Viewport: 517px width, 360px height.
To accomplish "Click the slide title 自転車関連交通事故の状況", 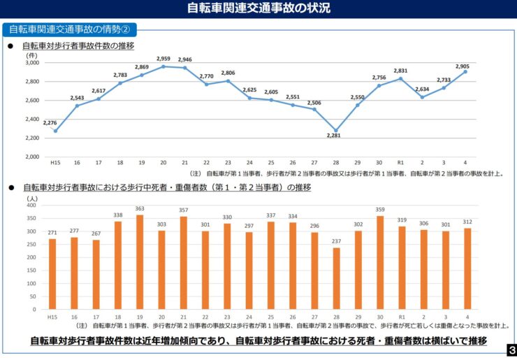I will (258, 9).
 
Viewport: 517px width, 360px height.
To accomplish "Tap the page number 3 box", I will (511, 349).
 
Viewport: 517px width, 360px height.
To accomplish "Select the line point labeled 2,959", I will (163, 66).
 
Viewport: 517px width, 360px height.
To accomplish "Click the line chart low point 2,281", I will (336, 131).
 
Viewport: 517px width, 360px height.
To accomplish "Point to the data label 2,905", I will (463, 66).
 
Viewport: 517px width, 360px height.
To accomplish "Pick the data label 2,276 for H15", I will (50, 123).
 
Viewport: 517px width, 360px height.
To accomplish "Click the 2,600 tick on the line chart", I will (32, 101).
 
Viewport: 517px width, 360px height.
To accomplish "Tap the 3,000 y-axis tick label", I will (32, 63).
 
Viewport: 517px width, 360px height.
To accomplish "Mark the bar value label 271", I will (52, 232).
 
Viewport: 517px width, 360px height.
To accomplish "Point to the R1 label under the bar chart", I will (401, 317).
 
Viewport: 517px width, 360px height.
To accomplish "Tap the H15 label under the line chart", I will (55, 163).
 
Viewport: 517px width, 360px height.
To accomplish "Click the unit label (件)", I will (31, 55).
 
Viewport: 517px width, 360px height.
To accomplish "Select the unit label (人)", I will (32, 198).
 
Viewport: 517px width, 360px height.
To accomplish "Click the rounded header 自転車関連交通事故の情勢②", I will (69, 29).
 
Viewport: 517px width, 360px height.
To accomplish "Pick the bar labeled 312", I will (467, 268).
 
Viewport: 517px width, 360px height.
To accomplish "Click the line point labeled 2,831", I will (400, 78).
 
